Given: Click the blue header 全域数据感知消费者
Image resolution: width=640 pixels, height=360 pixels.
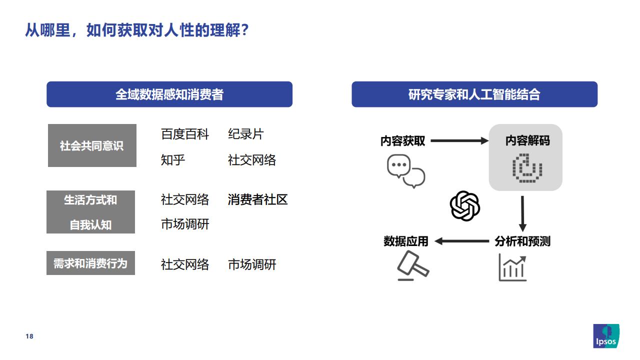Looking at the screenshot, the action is [x=169, y=94].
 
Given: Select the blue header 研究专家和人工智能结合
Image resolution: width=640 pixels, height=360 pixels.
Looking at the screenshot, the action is [x=474, y=94].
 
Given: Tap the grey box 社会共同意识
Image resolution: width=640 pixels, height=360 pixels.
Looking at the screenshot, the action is [x=92, y=145].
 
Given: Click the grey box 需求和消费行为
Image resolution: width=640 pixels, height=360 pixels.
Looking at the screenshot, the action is [x=90, y=263].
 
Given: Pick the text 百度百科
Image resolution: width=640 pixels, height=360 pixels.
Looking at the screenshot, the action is [x=185, y=134].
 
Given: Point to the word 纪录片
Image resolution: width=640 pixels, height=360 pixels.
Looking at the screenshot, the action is [x=245, y=134].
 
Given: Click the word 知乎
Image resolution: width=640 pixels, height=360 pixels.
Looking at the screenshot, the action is [x=173, y=160].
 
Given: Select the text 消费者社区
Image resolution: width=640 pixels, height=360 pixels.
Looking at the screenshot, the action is [x=257, y=199].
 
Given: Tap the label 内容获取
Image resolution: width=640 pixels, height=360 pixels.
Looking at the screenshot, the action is [x=402, y=141].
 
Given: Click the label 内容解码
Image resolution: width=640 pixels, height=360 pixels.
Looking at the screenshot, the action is [x=527, y=140].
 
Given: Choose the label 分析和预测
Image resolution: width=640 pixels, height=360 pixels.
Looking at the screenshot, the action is [x=522, y=241].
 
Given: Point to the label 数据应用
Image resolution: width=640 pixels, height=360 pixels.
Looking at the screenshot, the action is [x=405, y=241].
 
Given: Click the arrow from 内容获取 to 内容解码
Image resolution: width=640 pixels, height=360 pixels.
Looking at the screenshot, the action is [x=459, y=140].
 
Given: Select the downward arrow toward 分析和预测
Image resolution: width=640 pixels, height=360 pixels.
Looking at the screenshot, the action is [x=522, y=213].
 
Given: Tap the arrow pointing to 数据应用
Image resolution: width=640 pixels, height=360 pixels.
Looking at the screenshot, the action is [x=461, y=241].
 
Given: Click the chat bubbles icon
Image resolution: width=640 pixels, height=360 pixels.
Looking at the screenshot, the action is [x=406, y=171].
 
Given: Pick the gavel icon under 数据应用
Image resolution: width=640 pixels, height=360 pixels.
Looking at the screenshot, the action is [x=413, y=265].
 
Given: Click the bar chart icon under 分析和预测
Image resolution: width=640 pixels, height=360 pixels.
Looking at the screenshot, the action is [x=512, y=267].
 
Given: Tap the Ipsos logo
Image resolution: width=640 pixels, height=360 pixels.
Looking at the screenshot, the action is [x=606, y=336].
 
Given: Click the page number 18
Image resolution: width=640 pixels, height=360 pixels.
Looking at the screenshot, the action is [x=29, y=336].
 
